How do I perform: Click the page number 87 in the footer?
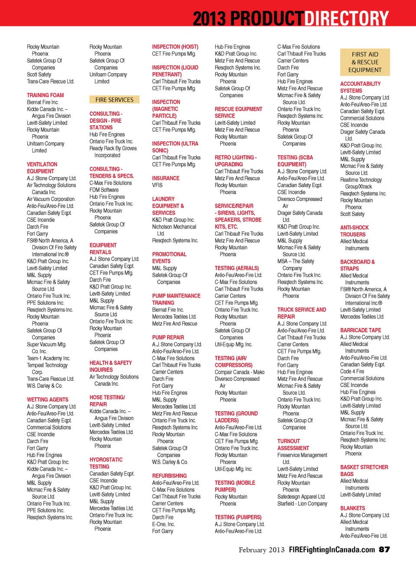tap(384, 550)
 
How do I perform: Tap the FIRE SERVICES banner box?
tap(114, 100)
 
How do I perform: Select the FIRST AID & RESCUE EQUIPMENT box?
tap(365, 62)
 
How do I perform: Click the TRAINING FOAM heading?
tap(45, 95)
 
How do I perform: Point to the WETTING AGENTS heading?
tap(47, 399)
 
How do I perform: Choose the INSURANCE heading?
tap(166, 178)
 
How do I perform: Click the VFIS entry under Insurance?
tap(157, 185)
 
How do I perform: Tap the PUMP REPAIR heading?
tap(168, 337)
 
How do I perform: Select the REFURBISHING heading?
tap(169, 476)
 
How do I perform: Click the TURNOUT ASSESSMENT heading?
tap(293, 445)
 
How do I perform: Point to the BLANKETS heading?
tap(352, 508)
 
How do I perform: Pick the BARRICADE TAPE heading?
tap(361, 331)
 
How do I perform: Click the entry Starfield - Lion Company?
tap(302, 504)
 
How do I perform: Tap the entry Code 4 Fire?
tap(352, 372)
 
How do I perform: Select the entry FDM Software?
tap(104, 190)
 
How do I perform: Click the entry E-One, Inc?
tap(163, 524)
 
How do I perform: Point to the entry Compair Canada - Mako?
tap(239, 372)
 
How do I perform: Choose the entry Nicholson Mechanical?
tap(174, 227)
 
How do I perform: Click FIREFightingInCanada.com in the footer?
tap(331, 550)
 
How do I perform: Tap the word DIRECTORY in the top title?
tap(346, 18)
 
